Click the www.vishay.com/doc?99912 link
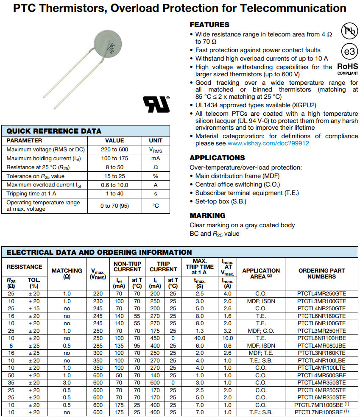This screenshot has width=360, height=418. coord(268,144)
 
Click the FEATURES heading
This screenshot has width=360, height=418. coord(209,25)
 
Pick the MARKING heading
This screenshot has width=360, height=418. coord(207,215)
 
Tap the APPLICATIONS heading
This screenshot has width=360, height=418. coord(217,158)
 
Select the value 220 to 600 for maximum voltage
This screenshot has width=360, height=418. coord(114,149)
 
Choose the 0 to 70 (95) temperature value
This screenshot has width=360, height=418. coord(114,206)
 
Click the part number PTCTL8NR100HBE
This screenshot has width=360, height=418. coord(321,338)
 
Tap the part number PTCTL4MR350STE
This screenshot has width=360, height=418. coord(321,382)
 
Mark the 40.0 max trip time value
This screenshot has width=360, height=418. coord(199,338)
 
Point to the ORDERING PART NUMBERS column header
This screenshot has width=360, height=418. coord(321,273)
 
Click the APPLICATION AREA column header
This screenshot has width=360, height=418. coord(261,273)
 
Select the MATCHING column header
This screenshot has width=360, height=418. coord(67,273)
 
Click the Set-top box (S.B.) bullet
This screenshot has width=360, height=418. coord(220,201)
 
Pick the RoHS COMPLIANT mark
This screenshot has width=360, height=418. coord(347,69)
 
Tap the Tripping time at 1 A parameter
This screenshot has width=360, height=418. coord(31,194)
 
